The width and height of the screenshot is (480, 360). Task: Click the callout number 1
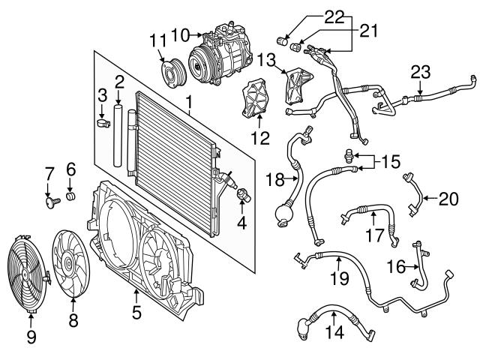[x=190, y=100]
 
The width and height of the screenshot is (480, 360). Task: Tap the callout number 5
[x=136, y=312]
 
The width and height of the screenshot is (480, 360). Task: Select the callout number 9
[x=31, y=338]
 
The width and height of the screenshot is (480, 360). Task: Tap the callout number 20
[x=448, y=198]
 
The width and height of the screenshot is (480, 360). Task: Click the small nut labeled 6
[x=71, y=196]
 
